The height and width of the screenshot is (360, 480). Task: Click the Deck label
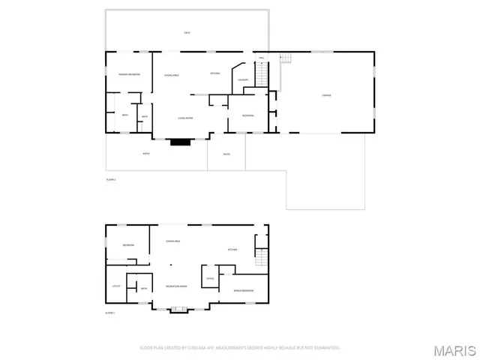pyautogui.click(x=187, y=33)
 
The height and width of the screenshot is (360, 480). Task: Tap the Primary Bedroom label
pyautogui.click(x=129, y=74)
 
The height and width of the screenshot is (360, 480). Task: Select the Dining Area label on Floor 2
pyautogui.click(x=172, y=75)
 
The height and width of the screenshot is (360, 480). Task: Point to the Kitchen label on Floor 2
pyautogui.click(x=214, y=73)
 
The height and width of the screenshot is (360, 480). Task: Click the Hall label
pyautogui.click(x=262, y=58)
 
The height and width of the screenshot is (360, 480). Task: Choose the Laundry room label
pyautogui.click(x=243, y=79)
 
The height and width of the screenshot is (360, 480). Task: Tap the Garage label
pyautogui.click(x=327, y=95)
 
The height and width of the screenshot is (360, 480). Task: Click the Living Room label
pyautogui.click(x=185, y=118)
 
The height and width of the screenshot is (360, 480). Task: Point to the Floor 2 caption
pyautogui.click(x=110, y=180)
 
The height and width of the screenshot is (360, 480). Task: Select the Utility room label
pyautogui.click(x=116, y=286)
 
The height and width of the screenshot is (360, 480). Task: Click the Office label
pyautogui.click(x=211, y=279)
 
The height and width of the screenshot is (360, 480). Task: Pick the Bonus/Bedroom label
pyautogui.click(x=244, y=290)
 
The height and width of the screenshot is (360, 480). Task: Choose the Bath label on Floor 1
pyautogui.click(x=143, y=288)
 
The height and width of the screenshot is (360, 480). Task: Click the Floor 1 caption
pyautogui.click(x=109, y=313)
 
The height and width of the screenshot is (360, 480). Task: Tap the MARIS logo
pyautogui.click(x=456, y=349)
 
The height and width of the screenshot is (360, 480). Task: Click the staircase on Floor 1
pyautogui.click(x=261, y=257)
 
